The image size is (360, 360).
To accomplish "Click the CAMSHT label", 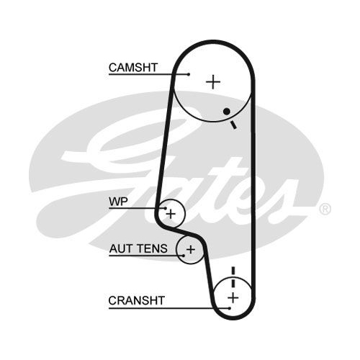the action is coord(133,68).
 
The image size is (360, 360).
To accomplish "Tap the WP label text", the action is coord(118,202).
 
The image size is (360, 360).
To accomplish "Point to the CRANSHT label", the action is coord(136,300).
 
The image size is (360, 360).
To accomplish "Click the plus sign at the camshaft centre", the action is coord(213,82).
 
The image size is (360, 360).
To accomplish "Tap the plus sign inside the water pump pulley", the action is coord(171,214).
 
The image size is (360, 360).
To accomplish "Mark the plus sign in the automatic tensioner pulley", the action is coord(191,250).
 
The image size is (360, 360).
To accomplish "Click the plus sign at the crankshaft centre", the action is coord(233,298).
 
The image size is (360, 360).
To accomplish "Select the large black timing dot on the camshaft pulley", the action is coord(227,112).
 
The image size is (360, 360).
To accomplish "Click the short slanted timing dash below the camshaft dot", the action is coord(233,125).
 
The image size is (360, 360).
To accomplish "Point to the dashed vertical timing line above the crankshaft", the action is coord(233,277).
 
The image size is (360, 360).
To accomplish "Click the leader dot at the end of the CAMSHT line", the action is coord(189,74).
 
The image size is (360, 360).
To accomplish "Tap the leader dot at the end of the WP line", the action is coord(166,208).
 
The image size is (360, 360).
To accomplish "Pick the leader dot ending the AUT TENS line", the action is coord(184,256).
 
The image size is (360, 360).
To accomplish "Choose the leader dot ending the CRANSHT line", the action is coord(230,308).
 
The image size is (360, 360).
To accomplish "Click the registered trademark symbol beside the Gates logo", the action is coord(325,209).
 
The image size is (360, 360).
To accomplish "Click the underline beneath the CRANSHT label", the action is coord(169,308).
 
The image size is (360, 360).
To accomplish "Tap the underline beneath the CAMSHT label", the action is coord(148,74).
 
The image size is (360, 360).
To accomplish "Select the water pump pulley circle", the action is coord(185,214).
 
